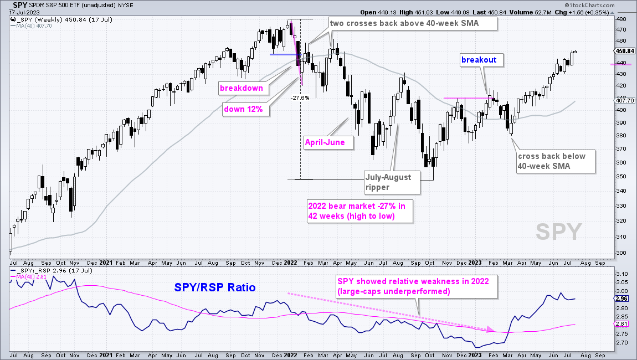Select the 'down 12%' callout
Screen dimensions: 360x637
[x=247, y=110]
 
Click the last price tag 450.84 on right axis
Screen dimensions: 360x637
[x=624, y=51]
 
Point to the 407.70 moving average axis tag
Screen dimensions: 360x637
[x=624, y=101]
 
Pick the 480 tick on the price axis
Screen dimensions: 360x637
[x=621, y=19]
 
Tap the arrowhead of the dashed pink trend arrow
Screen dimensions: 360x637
[x=491, y=331]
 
